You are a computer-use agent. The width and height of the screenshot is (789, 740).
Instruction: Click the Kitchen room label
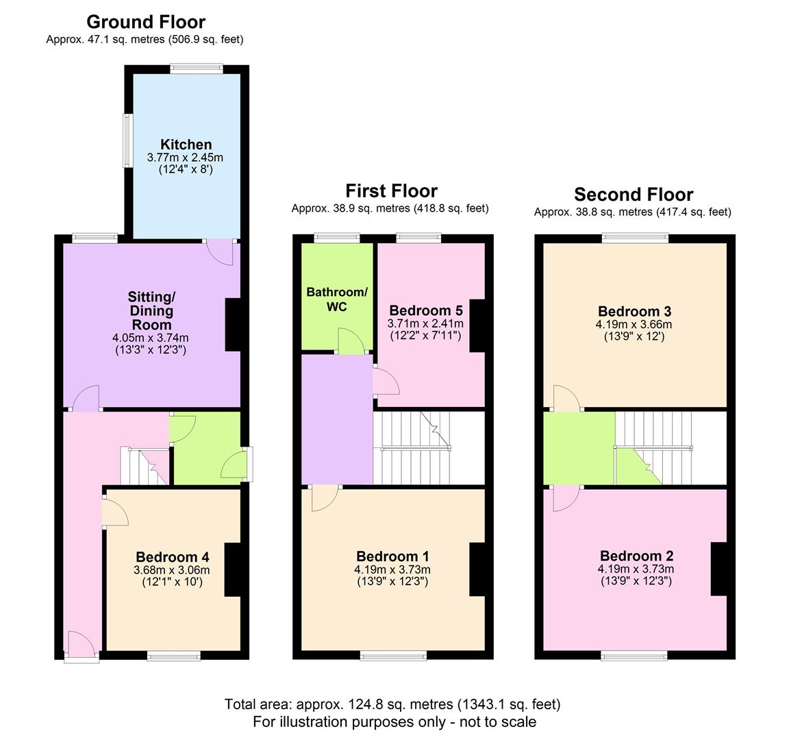[x=186, y=145]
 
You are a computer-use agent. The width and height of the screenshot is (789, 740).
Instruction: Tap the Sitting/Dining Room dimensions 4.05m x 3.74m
[x=151, y=338]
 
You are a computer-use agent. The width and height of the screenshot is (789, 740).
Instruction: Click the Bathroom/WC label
[x=336, y=299]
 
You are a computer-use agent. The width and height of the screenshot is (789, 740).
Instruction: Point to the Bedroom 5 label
[x=425, y=310]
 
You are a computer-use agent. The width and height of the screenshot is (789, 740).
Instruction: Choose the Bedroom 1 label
[x=392, y=556]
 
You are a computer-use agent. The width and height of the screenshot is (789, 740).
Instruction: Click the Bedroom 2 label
[x=636, y=556]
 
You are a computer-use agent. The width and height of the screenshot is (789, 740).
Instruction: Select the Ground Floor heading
[x=146, y=22]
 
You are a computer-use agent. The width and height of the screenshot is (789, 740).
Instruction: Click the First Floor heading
[x=391, y=190]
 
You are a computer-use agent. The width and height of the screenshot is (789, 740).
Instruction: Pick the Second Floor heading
[x=634, y=195]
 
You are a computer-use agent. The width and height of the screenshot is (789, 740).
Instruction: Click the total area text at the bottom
[x=392, y=704]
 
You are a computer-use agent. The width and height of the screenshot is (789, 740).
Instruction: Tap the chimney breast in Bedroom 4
[x=232, y=569]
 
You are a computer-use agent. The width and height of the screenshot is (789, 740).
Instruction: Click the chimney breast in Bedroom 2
[x=718, y=569]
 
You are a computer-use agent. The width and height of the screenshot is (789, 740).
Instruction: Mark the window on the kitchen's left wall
[x=127, y=140]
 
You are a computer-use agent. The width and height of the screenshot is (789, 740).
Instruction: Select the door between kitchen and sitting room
[x=221, y=250]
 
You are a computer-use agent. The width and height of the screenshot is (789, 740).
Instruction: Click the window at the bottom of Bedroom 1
[x=394, y=655]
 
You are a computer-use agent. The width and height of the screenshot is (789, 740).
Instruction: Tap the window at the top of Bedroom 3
[x=635, y=238]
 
